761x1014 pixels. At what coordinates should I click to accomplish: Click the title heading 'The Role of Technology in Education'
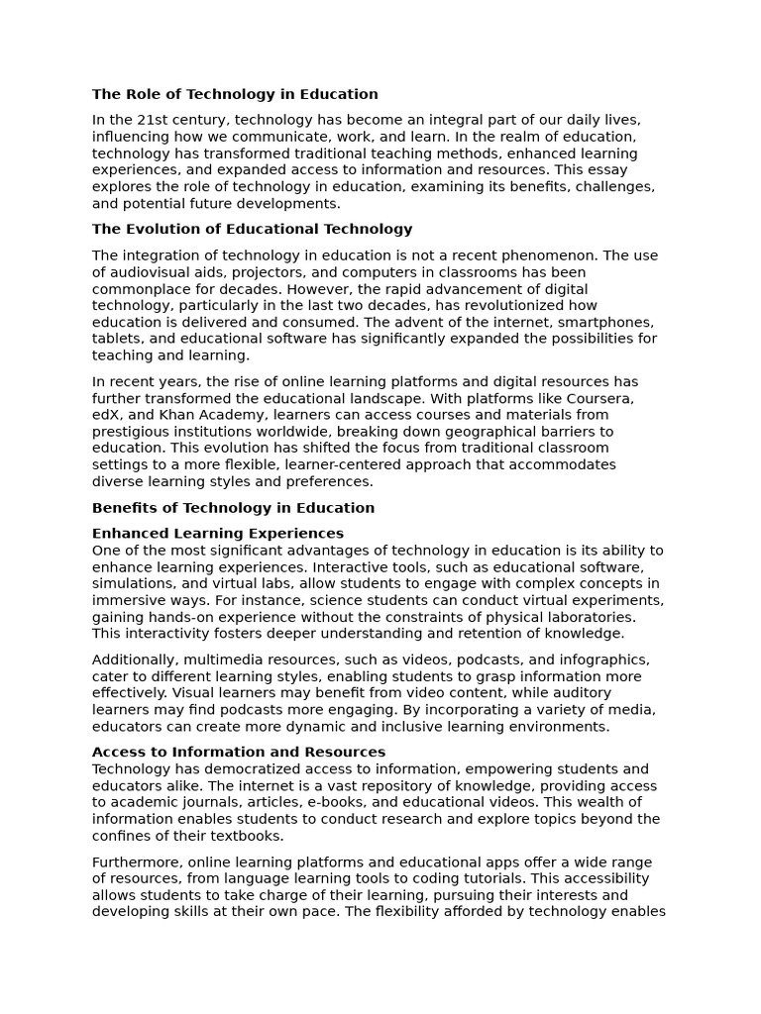[x=235, y=95]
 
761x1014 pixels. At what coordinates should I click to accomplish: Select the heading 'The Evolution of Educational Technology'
[x=252, y=230]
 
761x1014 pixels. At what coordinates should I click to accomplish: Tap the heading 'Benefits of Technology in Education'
[x=233, y=509]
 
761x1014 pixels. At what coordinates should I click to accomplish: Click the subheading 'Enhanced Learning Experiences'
[x=218, y=534]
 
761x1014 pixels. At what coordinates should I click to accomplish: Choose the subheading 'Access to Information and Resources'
[x=239, y=753]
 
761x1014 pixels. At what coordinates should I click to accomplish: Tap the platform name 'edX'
[x=107, y=416]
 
